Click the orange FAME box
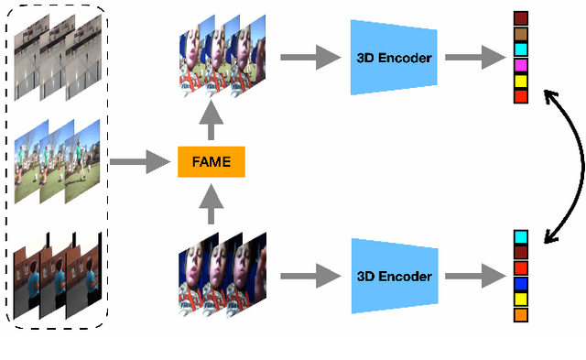[x=211, y=164]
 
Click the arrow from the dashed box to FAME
[x=140, y=164]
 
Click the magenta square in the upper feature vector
[x=521, y=65]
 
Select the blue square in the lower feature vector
[x=521, y=283]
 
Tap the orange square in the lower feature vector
[x=521, y=314]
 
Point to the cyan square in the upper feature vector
[x=521, y=49]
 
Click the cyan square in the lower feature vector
[x=521, y=236]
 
